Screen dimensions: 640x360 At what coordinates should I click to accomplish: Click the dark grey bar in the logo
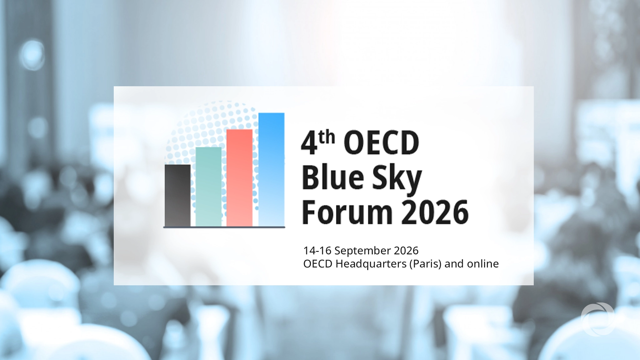point(177,195)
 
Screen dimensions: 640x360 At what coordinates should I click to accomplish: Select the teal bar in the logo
point(208,187)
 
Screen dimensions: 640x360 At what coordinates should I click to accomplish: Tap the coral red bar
point(239,177)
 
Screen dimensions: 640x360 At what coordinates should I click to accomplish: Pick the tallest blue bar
point(272,169)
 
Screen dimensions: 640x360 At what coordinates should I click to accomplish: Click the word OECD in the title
point(381,143)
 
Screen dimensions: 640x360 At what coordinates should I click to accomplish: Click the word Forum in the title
point(347,212)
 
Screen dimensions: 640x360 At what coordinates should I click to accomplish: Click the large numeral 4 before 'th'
point(309,143)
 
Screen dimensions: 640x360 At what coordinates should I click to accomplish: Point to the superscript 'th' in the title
point(327,137)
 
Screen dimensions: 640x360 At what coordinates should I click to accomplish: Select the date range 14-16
point(317,251)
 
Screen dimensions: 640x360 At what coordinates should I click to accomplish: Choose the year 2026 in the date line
point(406,251)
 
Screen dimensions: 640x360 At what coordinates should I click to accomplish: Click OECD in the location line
point(318,264)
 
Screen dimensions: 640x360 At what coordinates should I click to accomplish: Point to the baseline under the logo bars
point(224,227)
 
